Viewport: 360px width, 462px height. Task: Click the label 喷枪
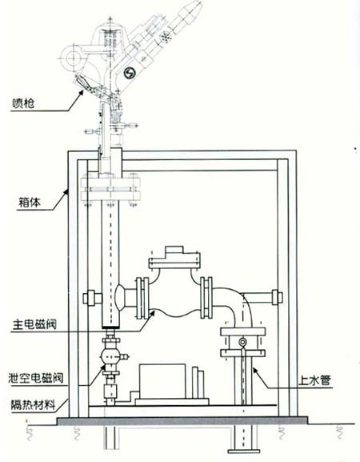coord(23,103)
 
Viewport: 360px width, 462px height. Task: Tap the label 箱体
coord(30,203)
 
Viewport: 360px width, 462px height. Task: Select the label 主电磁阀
coord(34,324)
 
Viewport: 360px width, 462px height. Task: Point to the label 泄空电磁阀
coord(36,377)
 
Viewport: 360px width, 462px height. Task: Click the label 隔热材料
coord(33,404)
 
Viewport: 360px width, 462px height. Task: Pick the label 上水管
coord(314,380)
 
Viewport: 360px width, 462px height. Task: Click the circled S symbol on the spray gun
coord(130,73)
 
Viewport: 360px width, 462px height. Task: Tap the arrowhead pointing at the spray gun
coord(80,93)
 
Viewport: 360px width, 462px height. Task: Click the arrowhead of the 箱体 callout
coord(66,192)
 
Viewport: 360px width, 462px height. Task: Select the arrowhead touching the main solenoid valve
coord(152,313)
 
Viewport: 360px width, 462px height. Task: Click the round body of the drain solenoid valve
coord(110,357)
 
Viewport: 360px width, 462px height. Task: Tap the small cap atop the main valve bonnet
coord(174,251)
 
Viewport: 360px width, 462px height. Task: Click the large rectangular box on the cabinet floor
coord(162,381)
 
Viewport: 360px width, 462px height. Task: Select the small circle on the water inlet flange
coord(243,342)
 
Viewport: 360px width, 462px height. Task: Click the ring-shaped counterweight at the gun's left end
coord(70,58)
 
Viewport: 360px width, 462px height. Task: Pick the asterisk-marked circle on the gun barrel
coord(166,37)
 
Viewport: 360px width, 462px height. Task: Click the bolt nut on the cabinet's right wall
coord(278,297)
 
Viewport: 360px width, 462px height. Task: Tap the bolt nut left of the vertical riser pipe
coord(89,297)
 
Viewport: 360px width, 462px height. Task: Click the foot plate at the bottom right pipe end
coord(243,451)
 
